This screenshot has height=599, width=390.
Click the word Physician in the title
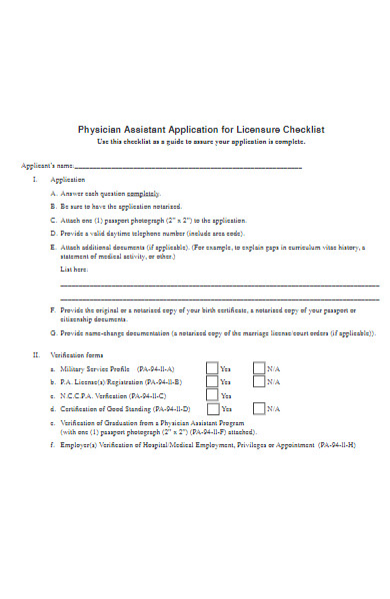tap(99, 129)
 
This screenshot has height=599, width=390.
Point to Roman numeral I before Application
tap(36, 179)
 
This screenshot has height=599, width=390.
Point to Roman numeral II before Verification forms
tap(36, 354)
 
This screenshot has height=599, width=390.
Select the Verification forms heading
tap(83, 354)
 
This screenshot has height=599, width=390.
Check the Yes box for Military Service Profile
tap(211, 367)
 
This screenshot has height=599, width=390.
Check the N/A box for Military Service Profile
tap(259, 367)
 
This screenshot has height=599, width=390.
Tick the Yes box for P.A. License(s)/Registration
tap(211, 381)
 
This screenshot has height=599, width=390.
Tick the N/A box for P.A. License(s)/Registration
tap(259, 381)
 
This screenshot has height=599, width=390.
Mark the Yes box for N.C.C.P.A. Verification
tap(211, 394)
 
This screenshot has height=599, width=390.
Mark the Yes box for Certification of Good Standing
tap(211, 408)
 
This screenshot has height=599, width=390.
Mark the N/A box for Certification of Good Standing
tap(259, 408)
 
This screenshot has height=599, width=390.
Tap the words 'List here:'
tap(74, 269)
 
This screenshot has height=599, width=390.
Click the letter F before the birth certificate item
tap(52, 310)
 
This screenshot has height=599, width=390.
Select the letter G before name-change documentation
tap(52, 332)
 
